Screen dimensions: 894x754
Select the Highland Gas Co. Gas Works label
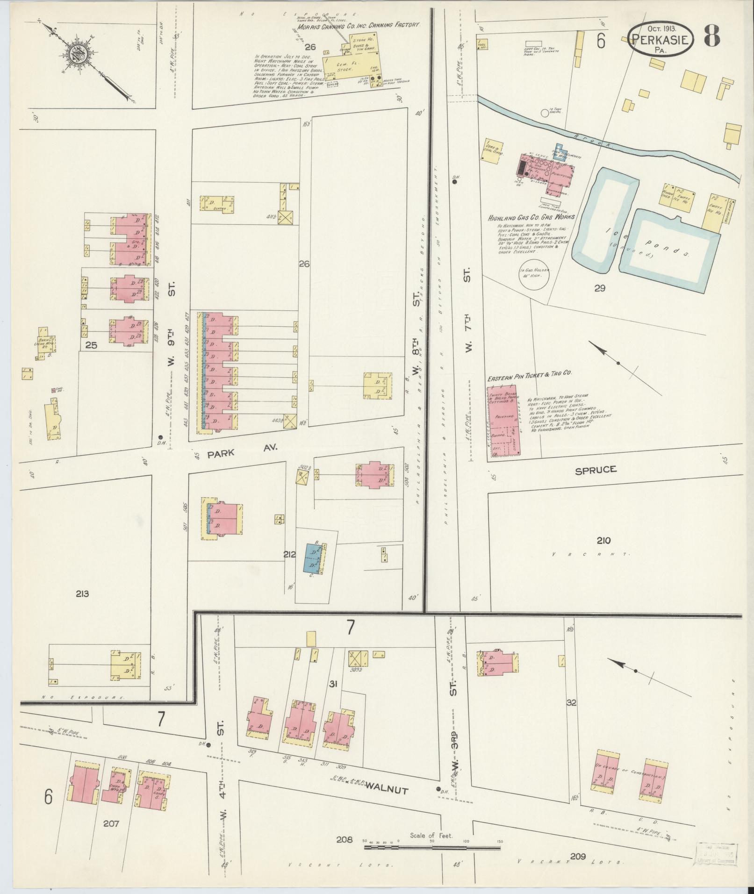tap(531, 217)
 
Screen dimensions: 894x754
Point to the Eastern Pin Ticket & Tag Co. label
tap(530, 373)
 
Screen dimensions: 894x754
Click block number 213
tap(82, 594)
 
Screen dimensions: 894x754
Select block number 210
tap(603, 540)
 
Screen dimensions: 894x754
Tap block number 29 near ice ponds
tap(600, 288)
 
